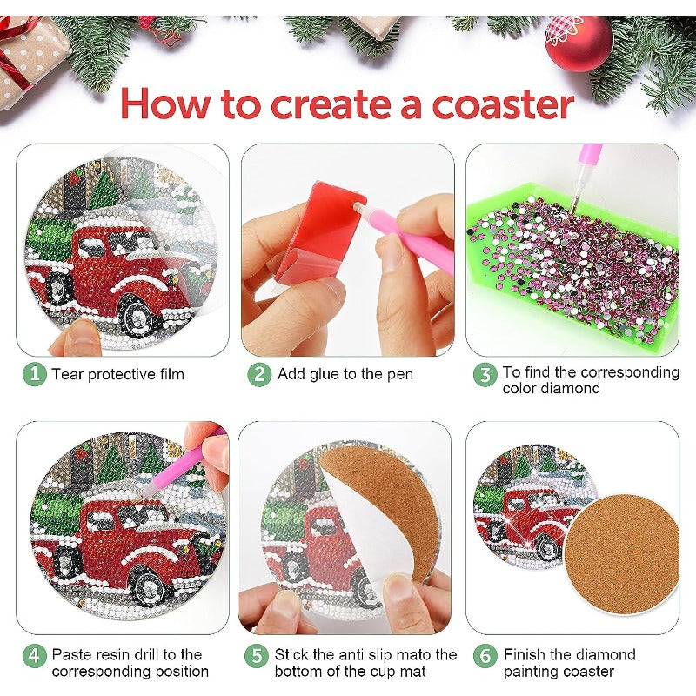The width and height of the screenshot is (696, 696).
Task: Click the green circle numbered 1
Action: point(35,374)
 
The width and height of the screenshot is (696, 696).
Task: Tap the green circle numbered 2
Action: point(259,375)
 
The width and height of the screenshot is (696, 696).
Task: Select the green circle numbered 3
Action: point(485,375)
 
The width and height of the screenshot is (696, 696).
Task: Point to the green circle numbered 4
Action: point(35,656)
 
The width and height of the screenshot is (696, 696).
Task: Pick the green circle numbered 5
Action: point(257,656)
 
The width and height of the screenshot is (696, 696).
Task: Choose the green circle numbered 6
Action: point(485,656)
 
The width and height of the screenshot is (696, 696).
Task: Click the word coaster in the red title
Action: point(503,105)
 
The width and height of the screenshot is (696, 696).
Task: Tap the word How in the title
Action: point(165,104)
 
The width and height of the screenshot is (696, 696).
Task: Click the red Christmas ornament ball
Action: point(579,43)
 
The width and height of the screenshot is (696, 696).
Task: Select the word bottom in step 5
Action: point(298,671)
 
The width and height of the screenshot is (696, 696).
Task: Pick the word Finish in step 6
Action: point(525,655)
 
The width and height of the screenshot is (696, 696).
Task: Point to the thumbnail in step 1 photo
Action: point(76,338)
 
